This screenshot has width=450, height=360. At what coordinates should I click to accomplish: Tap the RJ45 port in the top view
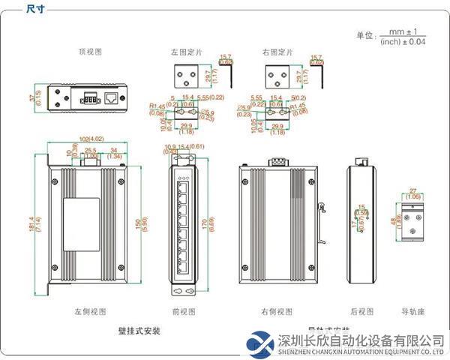click(111, 96)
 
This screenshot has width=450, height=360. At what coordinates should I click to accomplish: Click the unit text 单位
click(364, 35)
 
